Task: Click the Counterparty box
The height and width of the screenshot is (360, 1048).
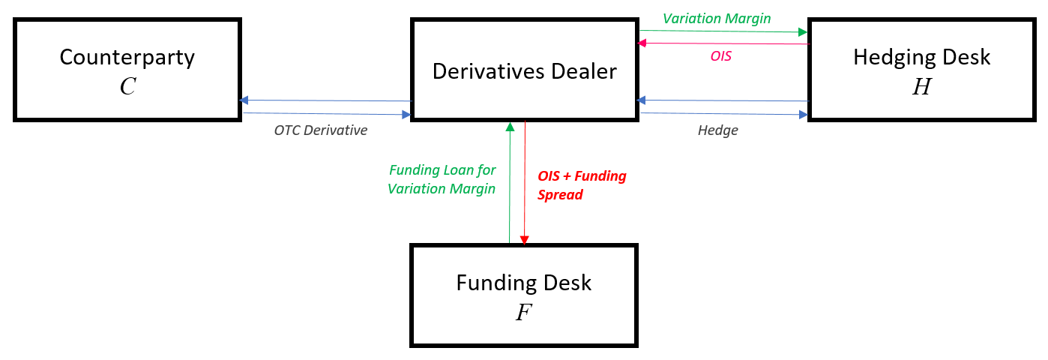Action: tap(127, 70)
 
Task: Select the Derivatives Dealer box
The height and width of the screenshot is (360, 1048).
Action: tap(524, 70)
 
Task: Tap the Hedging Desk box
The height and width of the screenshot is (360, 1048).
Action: tap(921, 70)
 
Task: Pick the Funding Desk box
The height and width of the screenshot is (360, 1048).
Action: tap(524, 295)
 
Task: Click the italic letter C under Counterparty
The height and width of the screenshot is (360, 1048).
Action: tap(127, 87)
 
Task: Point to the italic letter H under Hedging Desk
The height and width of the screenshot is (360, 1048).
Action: tap(921, 87)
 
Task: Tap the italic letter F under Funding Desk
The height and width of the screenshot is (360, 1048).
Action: tap(523, 313)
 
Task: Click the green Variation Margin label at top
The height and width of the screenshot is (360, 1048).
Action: tap(716, 19)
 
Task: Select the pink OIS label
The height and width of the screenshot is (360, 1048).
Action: tap(720, 56)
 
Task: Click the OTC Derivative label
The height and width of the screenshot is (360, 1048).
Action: tap(320, 130)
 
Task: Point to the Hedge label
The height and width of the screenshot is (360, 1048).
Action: tap(717, 130)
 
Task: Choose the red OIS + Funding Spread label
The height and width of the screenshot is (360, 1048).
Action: tap(582, 185)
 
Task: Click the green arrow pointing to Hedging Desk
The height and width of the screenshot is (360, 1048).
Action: tap(723, 31)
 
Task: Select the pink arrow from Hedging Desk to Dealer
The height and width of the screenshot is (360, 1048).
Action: tap(723, 43)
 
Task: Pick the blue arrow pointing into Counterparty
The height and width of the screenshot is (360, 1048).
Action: tap(326, 100)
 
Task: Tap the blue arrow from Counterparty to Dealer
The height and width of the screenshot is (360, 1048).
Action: tap(326, 114)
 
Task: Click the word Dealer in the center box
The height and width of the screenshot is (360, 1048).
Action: tap(582, 71)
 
